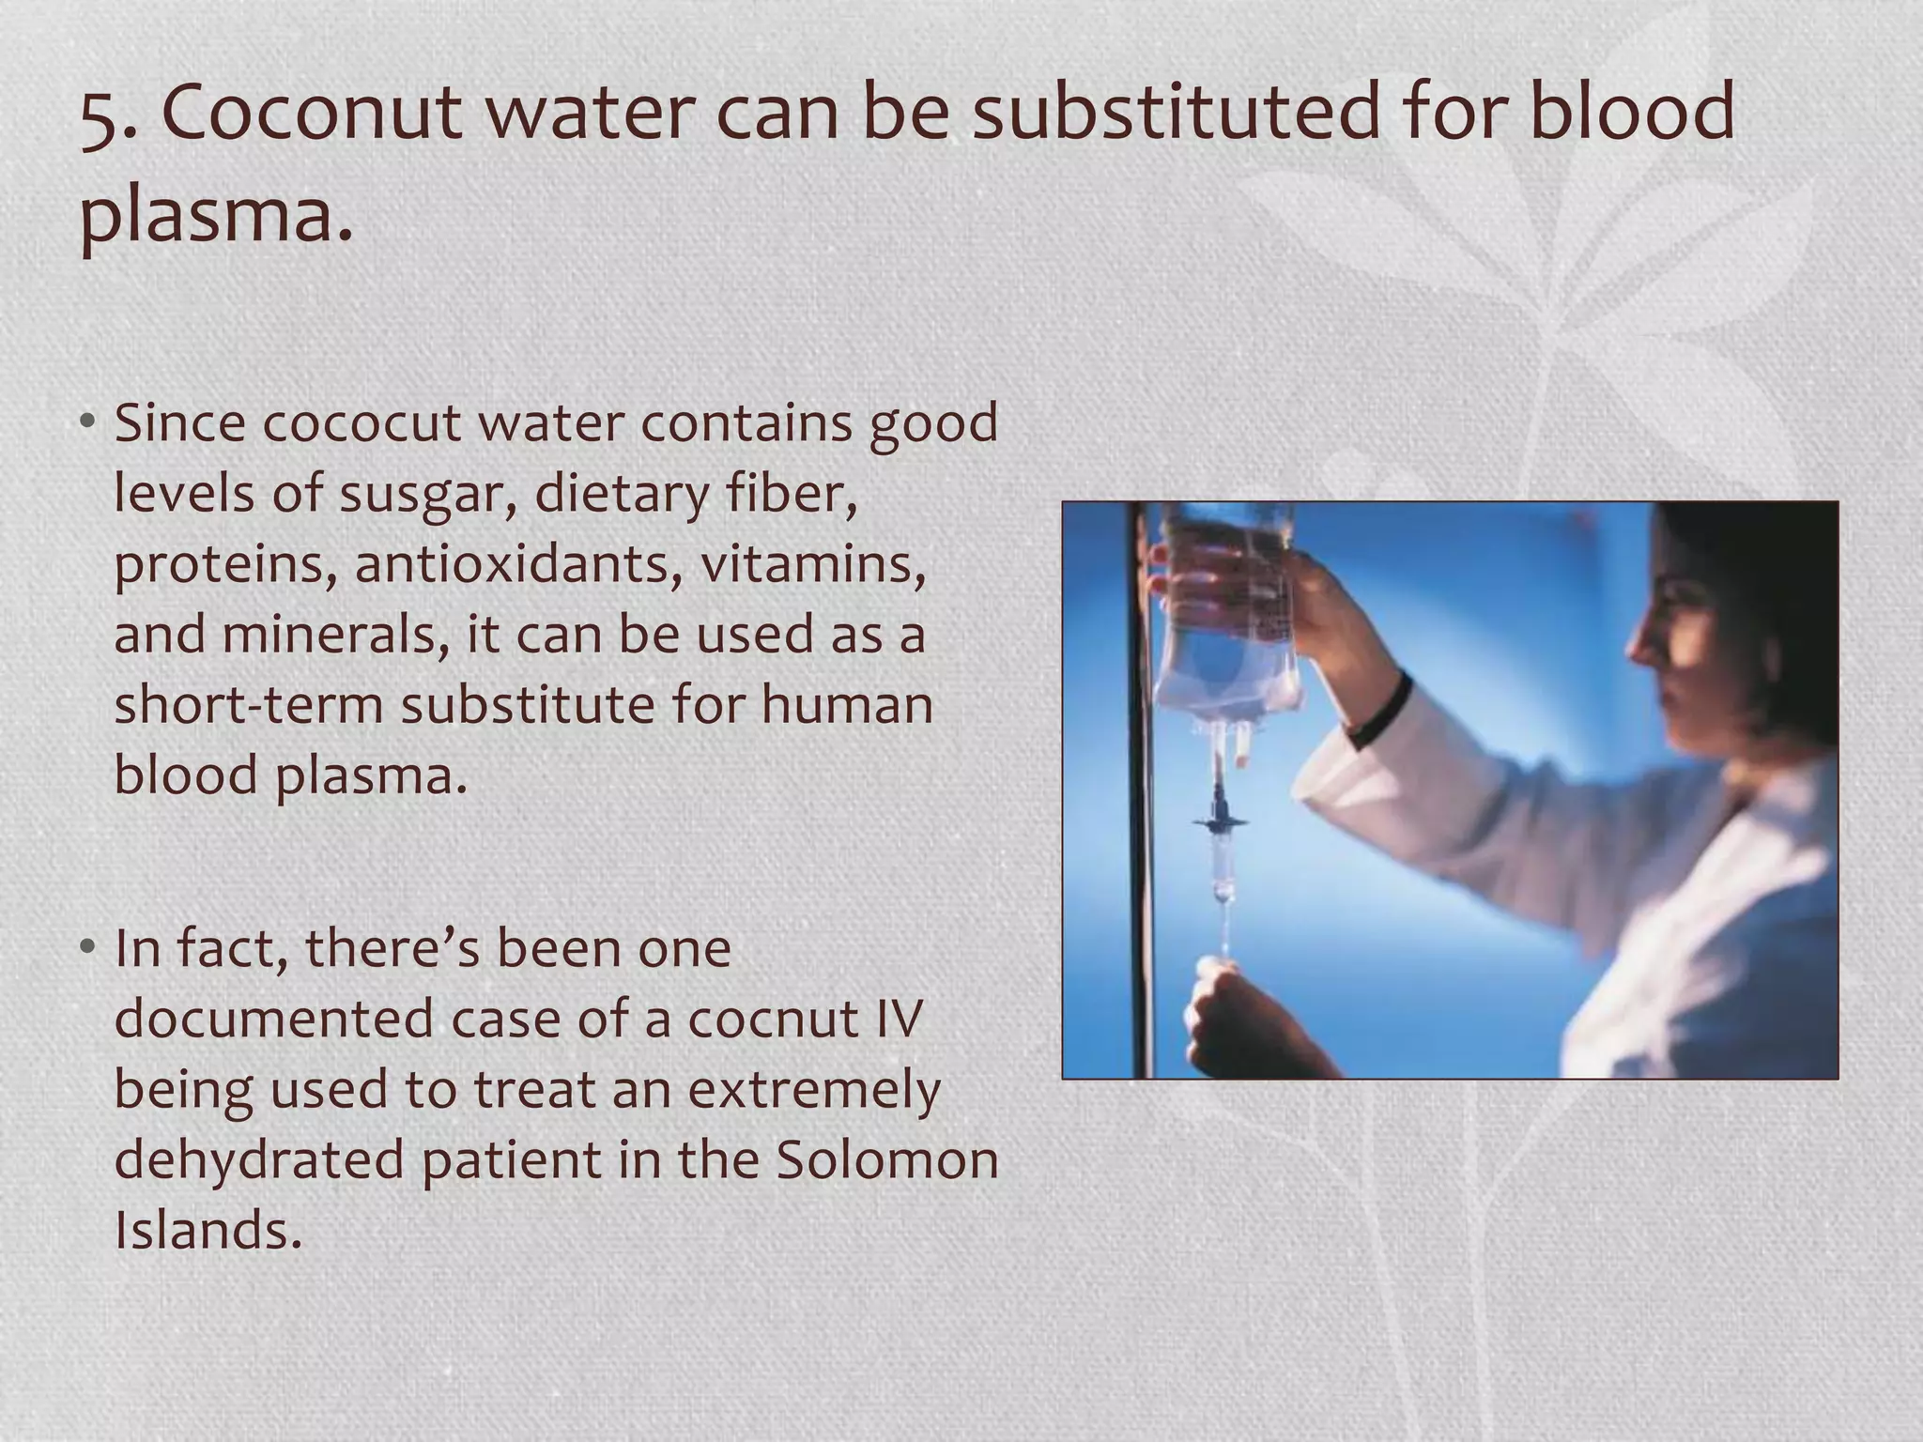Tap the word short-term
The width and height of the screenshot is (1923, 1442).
pyautogui.click(x=248, y=705)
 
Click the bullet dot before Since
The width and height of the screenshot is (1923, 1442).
pyautogui.click(x=87, y=423)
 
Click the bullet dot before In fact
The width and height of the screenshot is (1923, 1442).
pyautogui.click(x=87, y=948)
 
